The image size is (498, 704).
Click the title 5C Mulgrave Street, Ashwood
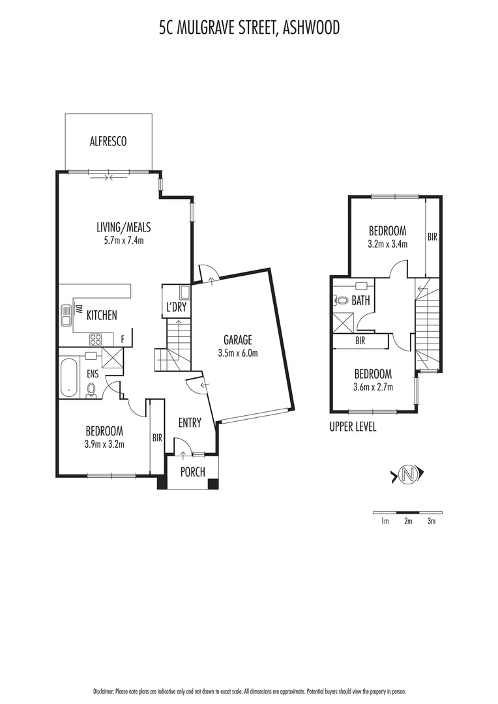(250, 28)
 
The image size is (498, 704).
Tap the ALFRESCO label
(108, 141)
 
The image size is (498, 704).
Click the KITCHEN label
(102, 315)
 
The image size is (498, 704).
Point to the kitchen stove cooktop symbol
(95, 338)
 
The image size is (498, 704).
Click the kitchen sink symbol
(66, 315)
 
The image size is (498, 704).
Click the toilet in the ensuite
(91, 390)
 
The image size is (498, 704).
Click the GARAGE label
(238, 340)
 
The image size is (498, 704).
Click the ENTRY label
(190, 423)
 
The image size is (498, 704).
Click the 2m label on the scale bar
(408, 521)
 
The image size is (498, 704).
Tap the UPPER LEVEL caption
(354, 428)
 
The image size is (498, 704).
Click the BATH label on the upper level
(360, 301)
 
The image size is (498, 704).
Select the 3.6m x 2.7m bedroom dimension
(372, 387)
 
